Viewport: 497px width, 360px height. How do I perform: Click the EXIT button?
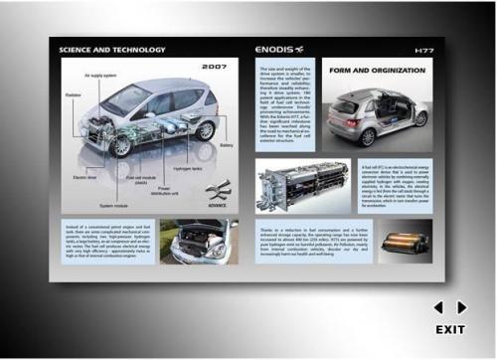450,329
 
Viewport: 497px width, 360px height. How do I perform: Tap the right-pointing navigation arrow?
462,307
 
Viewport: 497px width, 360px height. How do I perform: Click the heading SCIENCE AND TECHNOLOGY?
112,49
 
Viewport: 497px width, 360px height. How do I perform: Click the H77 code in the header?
424,49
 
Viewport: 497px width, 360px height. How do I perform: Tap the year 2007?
215,67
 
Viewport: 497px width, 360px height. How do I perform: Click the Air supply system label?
100,75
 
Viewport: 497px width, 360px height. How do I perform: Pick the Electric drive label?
85,178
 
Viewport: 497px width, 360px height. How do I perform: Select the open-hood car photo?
199,242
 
